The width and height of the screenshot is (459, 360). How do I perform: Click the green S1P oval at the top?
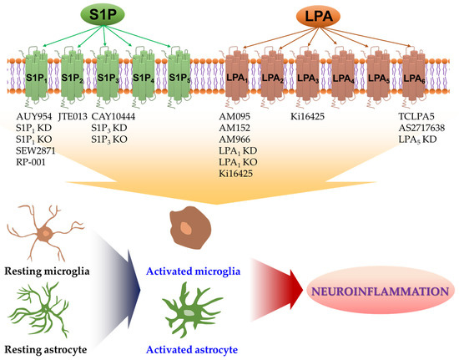119,17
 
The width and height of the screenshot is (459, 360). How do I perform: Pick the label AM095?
236,117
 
